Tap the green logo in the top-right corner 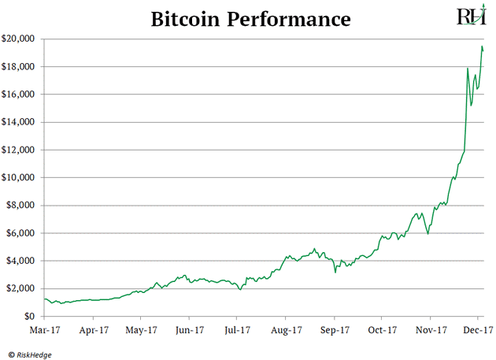(x=471, y=17)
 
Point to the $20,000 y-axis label (x=20, y=39)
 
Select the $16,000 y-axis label (x=20, y=95)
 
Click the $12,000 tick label (x=20, y=150)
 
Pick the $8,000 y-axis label (x=23, y=206)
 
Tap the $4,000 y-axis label (x=23, y=261)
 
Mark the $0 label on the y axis (x=31, y=316)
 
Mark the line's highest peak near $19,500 (x=482, y=46)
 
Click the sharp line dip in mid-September (x=336, y=273)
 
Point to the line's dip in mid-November (x=428, y=233)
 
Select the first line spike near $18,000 (x=468, y=69)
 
